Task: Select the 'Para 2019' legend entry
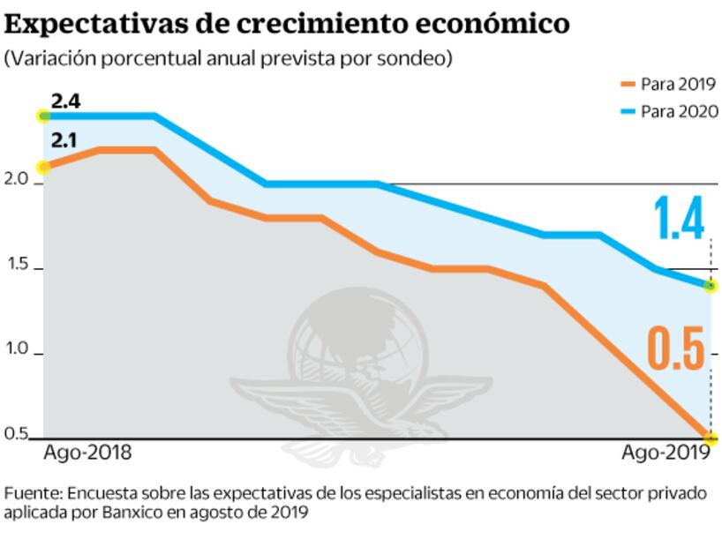pyautogui.click(x=678, y=85)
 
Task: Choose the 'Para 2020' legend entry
pyautogui.click(x=678, y=111)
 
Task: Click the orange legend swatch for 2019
pyautogui.click(x=628, y=85)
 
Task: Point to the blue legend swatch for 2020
pyautogui.click(x=628, y=111)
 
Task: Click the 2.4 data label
pyautogui.click(x=65, y=101)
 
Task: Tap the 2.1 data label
pyautogui.click(x=65, y=139)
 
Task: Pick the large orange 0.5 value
pyautogui.click(x=678, y=348)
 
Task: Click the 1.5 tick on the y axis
pyautogui.click(x=18, y=266)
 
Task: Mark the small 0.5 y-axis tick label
pyautogui.click(x=18, y=433)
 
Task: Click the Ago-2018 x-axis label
pyautogui.click(x=87, y=453)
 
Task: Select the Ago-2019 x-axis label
pyautogui.click(x=666, y=453)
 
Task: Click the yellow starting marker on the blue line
pyautogui.click(x=42, y=116)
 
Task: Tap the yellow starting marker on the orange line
pyautogui.click(x=42, y=167)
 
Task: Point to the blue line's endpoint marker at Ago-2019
pyautogui.click(x=711, y=286)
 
